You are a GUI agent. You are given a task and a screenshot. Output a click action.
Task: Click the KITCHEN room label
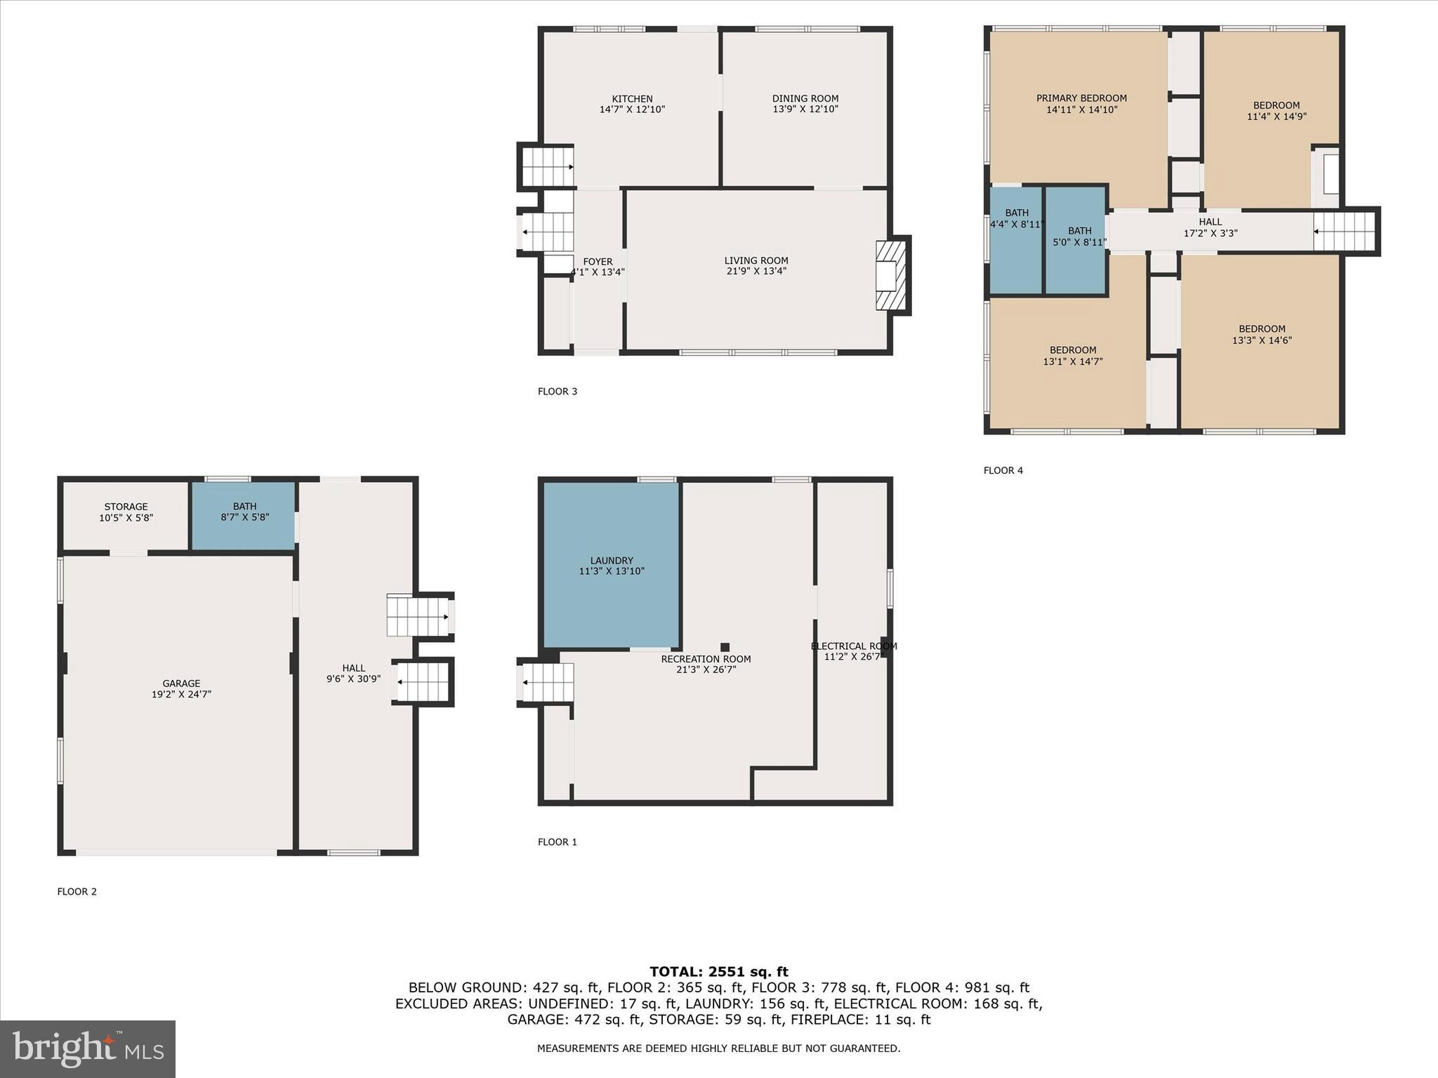[632, 99]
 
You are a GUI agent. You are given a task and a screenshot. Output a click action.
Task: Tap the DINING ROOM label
[805, 99]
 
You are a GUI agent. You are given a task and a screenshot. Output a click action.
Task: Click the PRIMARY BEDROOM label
[1081, 99]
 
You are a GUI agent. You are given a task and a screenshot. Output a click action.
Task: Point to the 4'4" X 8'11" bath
[1016, 239]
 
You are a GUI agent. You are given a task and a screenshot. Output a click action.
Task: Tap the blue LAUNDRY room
[611, 565]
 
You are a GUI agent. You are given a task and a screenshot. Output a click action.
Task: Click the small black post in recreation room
[725, 647]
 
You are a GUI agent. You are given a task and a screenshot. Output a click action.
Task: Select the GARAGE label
[181, 683]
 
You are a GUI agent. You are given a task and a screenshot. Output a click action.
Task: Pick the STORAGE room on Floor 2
[126, 512]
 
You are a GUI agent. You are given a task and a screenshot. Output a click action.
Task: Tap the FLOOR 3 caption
[557, 392]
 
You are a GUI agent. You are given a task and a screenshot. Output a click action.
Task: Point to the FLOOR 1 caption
[557, 842]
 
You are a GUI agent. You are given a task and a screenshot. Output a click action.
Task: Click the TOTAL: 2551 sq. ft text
[718, 971]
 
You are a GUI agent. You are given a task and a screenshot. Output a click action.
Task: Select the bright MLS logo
[88, 1049]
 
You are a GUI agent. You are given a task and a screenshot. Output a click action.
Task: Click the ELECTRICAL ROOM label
[853, 646]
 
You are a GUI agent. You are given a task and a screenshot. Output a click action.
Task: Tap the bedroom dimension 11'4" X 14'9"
[1276, 117]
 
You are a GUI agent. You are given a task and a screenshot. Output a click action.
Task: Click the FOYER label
[598, 262]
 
